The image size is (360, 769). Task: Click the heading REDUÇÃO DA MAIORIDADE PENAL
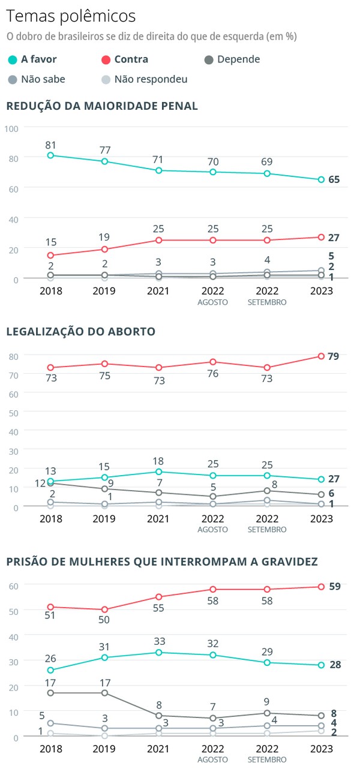click(102, 106)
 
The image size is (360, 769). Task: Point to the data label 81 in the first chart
click(51, 145)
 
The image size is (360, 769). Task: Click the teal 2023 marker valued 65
click(321, 179)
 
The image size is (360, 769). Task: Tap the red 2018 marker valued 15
click(51, 256)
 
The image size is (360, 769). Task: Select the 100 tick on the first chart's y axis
click(13, 128)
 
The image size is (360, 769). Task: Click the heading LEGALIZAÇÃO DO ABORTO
click(80, 331)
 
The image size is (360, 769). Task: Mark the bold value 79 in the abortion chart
click(334, 356)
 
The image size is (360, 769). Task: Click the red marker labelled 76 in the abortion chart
click(213, 362)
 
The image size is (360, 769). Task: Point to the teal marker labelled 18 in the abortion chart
click(158, 471)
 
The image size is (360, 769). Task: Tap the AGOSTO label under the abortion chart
click(213, 530)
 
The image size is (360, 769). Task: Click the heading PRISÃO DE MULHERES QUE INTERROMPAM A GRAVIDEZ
click(162, 561)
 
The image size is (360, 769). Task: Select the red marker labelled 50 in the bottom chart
click(105, 609)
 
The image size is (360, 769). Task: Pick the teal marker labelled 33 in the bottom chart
click(158, 652)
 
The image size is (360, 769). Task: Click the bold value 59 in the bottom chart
click(335, 587)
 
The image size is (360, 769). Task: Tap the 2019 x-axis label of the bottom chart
click(105, 750)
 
